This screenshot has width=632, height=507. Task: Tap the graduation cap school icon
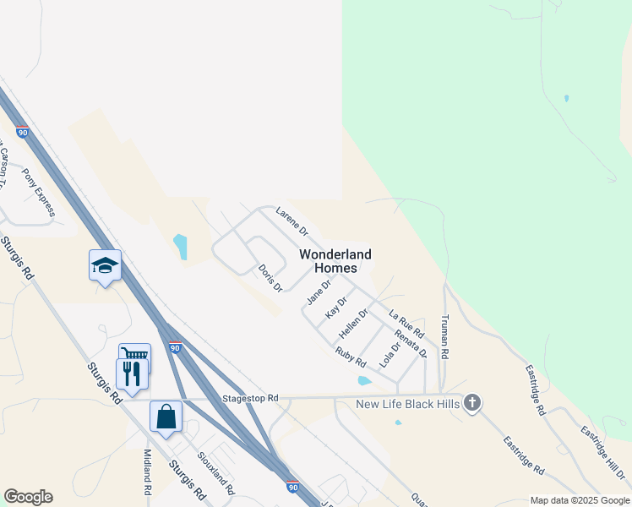pos(105,265)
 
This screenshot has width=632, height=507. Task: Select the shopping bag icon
pos(166,417)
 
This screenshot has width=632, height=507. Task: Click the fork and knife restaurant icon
pos(131,373)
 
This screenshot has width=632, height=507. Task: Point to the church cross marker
pos(472,404)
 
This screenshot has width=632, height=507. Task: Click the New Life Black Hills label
pos(407,404)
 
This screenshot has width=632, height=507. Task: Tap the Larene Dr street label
pos(292,224)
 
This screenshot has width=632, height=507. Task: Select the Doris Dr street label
pos(270,278)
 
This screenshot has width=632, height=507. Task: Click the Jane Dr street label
pos(318,292)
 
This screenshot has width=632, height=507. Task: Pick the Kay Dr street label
pos(336,307)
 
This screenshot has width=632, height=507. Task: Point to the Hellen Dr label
pos(354,324)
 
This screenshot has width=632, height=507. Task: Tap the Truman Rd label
pos(445,337)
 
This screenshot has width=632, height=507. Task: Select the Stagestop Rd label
pos(250,397)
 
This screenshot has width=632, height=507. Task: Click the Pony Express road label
pos(39,193)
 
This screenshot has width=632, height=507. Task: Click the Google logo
pos(28,497)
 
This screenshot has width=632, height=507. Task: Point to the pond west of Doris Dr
pos(180,247)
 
